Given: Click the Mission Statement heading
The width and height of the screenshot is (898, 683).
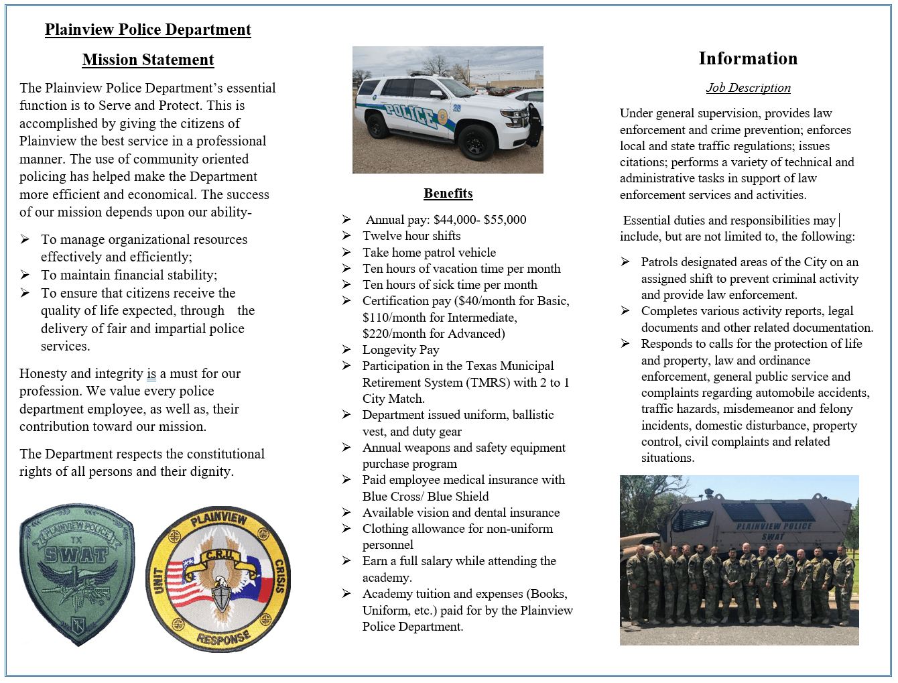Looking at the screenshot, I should point(148,60).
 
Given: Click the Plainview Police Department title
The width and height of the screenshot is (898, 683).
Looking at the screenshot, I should point(148,29).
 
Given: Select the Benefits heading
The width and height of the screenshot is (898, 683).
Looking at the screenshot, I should point(448,193).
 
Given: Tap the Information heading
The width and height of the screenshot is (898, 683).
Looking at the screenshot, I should point(748,58).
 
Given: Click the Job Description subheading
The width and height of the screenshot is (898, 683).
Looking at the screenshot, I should point(748,88).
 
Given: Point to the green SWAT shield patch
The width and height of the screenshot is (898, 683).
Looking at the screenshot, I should point(77,574).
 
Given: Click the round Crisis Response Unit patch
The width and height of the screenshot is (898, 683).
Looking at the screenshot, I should point(218,579).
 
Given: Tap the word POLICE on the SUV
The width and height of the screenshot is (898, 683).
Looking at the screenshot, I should point(409,115).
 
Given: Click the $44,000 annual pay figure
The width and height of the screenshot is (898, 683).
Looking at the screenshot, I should point(455,220).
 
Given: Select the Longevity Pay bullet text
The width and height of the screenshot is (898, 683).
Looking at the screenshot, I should point(401,350).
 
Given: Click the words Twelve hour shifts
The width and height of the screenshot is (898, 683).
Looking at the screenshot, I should point(411,236).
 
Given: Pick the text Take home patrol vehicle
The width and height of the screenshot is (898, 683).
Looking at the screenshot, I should point(429,253).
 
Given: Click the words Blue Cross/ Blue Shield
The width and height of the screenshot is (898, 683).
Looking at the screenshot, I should point(426,497).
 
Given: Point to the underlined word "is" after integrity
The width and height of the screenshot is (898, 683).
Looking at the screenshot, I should point(151,374).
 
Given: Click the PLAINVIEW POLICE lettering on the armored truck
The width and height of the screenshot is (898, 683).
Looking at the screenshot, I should point(773,526).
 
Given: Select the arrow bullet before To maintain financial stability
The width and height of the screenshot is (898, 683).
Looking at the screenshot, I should point(25,275).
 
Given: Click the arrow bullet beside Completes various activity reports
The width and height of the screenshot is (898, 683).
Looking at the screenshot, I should point(625,311).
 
